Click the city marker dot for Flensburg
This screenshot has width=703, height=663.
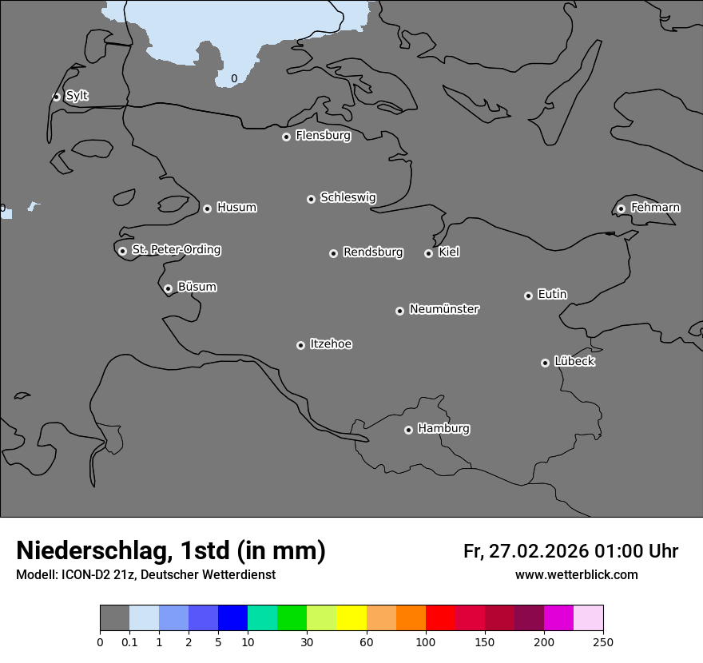click(x=286, y=137)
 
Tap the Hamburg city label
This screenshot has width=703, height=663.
click(x=443, y=428)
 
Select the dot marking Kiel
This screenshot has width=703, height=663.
click(x=428, y=253)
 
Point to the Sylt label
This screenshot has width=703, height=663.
click(x=77, y=96)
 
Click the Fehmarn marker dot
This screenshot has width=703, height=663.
click(x=621, y=208)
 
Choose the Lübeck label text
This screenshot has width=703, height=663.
click(x=574, y=361)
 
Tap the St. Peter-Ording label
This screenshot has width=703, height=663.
click(x=176, y=249)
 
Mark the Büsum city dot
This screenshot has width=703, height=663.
click(x=168, y=288)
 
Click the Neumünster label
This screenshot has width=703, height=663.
click(x=444, y=309)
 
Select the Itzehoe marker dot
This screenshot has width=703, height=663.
click(x=300, y=345)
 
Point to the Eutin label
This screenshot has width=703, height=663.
click(x=552, y=294)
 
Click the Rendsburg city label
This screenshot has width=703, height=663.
click(x=373, y=252)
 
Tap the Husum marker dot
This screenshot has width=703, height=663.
click(x=207, y=208)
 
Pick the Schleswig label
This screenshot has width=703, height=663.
click(x=348, y=197)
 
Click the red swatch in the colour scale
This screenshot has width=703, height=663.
click(x=440, y=618)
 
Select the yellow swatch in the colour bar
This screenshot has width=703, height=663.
click(x=351, y=618)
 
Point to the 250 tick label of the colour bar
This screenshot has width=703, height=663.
click(x=603, y=641)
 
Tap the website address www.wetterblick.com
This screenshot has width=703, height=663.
click(x=576, y=575)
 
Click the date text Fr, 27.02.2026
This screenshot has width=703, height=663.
click(x=526, y=551)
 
